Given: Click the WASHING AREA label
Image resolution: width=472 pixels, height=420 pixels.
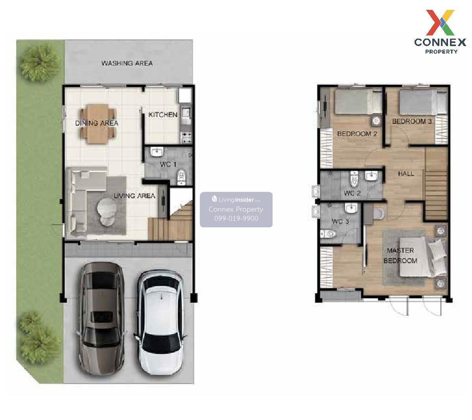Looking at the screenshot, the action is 127,63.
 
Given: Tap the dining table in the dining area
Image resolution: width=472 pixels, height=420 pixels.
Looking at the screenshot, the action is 98,123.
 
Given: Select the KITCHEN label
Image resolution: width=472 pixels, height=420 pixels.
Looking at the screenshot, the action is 162,115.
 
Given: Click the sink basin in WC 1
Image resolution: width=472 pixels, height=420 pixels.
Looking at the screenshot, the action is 157,152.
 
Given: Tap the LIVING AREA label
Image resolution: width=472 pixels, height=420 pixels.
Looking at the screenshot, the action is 135,196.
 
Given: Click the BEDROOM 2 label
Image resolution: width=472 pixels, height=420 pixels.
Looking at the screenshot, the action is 357,134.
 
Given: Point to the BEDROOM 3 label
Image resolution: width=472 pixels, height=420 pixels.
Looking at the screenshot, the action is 412,121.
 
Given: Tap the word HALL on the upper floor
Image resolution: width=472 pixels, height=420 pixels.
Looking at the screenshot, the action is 406,173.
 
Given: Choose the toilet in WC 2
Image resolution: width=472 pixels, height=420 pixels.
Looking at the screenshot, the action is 354,179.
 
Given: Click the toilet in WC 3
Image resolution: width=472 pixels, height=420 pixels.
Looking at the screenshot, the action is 328,234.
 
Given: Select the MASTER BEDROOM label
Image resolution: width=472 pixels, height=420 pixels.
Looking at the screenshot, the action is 400,255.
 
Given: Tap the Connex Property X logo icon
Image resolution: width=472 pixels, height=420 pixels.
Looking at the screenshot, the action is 440,22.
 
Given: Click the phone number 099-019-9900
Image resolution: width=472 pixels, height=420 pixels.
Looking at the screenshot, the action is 236,218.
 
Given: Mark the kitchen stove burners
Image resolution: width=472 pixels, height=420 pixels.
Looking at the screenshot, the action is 186,138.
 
